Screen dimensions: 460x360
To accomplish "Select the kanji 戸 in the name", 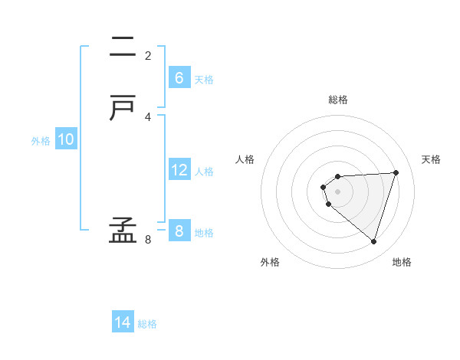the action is (123, 110).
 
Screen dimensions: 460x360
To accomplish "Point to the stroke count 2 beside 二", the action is (148, 56).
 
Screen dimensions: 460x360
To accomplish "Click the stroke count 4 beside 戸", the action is (148, 116).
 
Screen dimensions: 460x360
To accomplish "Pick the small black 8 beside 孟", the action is (148, 240).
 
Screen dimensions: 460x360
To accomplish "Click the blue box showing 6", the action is (179, 78).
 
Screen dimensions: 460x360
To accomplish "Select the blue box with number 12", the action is (179, 170).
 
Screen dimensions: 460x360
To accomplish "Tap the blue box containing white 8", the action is (179, 231).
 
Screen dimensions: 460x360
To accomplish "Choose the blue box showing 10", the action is (66, 139).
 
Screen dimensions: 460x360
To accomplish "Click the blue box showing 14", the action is (123, 322).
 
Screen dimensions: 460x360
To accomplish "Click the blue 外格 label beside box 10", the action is (41, 141).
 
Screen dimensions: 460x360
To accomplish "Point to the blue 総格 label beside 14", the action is (147, 324).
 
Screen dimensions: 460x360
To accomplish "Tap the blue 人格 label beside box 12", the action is (205, 172).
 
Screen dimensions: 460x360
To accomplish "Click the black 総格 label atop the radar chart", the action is (338, 100).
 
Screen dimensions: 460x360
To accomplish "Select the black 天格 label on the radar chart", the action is (431, 159).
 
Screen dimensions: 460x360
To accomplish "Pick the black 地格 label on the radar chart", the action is (402, 262).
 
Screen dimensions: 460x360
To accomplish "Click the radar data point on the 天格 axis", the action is (396, 172).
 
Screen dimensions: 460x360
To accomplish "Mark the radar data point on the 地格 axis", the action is (373, 241).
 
